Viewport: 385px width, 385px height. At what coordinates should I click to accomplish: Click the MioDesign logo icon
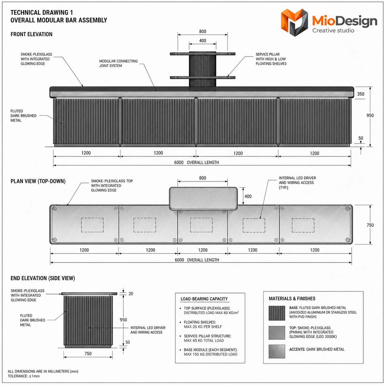(x=294, y=22)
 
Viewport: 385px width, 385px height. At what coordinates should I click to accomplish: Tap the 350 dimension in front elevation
(x=360, y=94)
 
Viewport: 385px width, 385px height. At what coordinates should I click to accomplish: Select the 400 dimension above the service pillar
(x=202, y=41)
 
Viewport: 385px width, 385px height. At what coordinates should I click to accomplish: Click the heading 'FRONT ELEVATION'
(x=31, y=34)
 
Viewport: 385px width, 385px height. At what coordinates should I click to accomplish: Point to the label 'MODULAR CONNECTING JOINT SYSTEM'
(x=119, y=63)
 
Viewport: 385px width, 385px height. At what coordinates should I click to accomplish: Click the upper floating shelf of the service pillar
(x=202, y=54)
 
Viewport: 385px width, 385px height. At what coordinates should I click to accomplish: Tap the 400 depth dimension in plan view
(x=248, y=196)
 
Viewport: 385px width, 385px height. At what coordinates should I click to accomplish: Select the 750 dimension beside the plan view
(x=370, y=225)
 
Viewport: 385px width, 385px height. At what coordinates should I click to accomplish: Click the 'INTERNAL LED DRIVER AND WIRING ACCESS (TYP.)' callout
(x=297, y=183)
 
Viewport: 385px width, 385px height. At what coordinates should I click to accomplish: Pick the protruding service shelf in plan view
(x=203, y=198)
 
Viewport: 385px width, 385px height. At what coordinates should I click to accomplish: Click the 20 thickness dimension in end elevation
(x=131, y=294)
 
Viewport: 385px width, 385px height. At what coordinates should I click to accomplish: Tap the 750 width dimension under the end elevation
(x=88, y=353)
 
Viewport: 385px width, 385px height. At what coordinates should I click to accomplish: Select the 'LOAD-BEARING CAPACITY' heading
(x=204, y=299)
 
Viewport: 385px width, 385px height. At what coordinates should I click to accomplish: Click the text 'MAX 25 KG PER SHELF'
(x=203, y=327)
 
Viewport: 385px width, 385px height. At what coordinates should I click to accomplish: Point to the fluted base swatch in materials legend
(x=277, y=313)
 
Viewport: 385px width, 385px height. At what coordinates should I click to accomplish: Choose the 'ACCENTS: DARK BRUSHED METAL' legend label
(x=317, y=349)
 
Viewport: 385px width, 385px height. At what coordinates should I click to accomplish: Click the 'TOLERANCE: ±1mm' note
(x=24, y=376)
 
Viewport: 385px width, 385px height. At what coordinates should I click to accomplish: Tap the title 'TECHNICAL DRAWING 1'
(x=41, y=13)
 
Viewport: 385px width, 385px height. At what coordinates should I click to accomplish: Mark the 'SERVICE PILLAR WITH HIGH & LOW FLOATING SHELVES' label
(x=271, y=59)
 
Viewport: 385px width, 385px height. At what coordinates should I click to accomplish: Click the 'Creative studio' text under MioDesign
(x=333, y=31)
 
